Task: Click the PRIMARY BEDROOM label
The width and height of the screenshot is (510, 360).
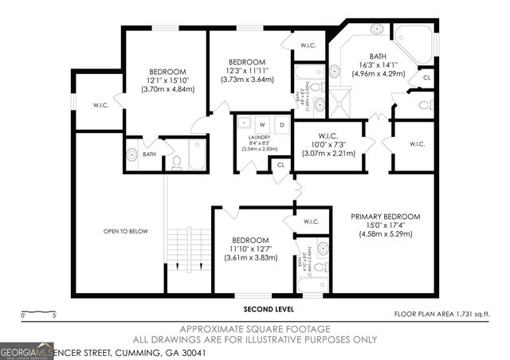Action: click(x=385, y=215)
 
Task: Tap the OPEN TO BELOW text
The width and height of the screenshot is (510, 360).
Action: click(x=126, y=231)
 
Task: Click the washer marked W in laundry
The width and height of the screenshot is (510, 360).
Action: click(x=262, y=124)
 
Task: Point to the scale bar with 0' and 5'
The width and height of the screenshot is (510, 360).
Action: click(x=39, y=312)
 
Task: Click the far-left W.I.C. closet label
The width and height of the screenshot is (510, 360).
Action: click(x=100, y=104)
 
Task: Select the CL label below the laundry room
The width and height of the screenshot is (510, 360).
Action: click(x=280, y=165)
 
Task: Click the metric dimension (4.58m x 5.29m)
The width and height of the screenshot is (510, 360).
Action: click(x=385, y=234)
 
